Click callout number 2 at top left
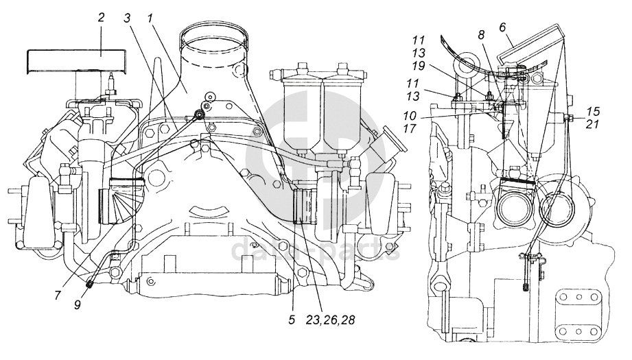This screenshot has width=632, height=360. (x=101, y=17)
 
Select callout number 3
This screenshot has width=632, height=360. (x=128, y=19)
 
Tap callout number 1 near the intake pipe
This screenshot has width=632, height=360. (x=150, y=19)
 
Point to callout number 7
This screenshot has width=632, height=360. (x=58, y=295)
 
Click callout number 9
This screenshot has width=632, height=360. (x=78, y=305)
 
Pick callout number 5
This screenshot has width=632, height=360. (x=292, y=320)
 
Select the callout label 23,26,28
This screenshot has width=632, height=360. (x=330, y=320)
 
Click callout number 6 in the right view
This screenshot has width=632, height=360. (x=502, y=27)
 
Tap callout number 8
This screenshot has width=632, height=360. (x=481, y=35)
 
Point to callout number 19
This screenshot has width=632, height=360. (x=419, y=66)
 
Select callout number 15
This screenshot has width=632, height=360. (x=592, y=111)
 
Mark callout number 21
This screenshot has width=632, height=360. (x=592, y=124)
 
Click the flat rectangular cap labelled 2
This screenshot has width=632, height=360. (x=76, y=61)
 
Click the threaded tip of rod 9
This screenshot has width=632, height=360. (x=91, y=285)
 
